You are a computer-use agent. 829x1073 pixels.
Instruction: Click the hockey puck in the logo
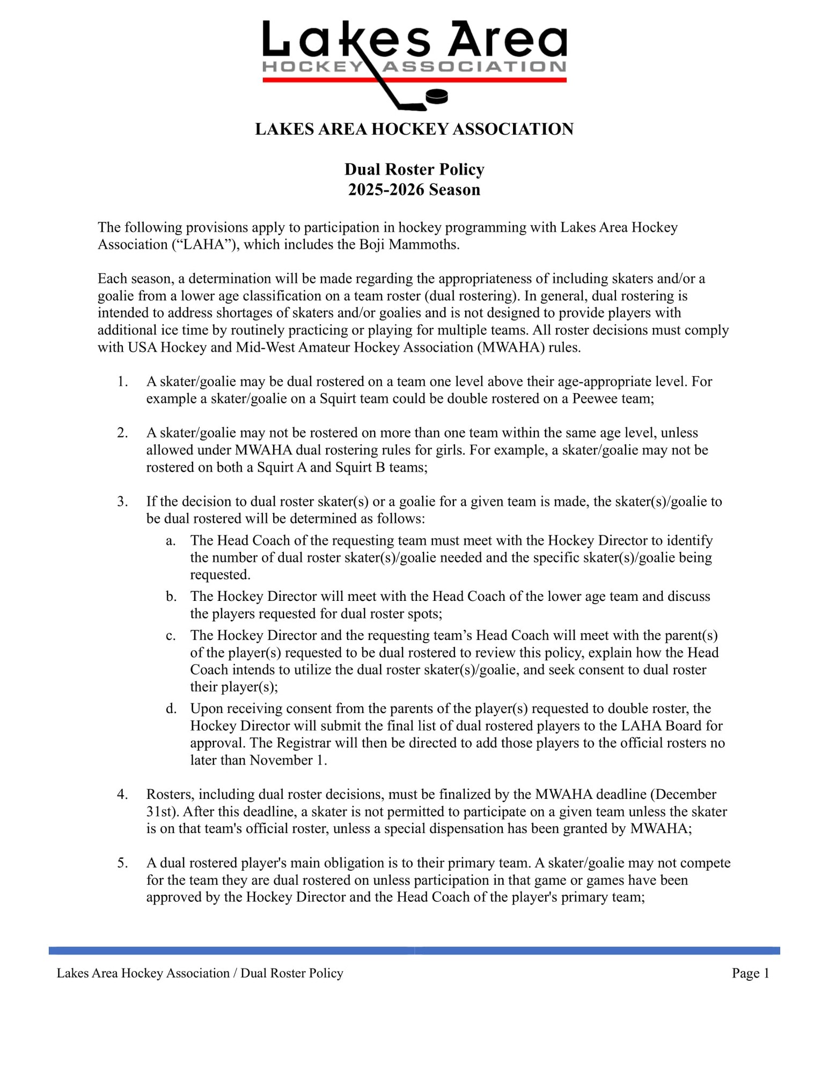[436, 97]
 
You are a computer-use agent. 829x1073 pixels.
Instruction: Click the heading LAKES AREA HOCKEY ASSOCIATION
[414, 129]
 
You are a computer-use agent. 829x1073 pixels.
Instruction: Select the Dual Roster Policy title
[414, 170]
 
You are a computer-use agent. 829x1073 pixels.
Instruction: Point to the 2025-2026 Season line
[414, 190]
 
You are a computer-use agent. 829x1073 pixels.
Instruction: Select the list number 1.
[122, 381]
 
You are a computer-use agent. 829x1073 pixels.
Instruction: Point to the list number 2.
[122, 433]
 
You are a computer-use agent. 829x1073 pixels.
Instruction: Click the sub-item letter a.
[170, 541]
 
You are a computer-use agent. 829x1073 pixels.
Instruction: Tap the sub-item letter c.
[170, 636]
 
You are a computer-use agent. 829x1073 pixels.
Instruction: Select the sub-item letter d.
[171, 709]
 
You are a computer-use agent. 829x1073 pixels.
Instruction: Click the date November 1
[288, 760]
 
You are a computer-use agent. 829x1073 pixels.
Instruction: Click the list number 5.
[122, 863]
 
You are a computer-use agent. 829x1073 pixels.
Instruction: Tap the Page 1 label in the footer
[750, 973]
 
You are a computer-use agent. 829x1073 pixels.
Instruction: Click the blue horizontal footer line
[414, 951]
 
